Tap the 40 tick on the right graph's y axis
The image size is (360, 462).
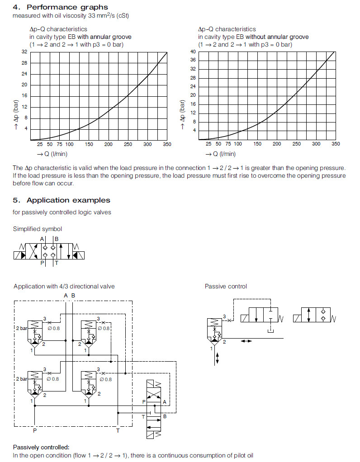(193, 52)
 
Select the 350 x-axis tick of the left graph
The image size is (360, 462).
(167, 144)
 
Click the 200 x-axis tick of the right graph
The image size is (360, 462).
(277, 144)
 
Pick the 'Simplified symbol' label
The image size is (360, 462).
(38, 229)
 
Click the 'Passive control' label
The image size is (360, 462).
(226, 286)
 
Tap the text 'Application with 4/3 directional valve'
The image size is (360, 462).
(64, 286)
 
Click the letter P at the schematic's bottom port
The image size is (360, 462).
(34, 431)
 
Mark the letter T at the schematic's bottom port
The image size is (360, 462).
(118, 431)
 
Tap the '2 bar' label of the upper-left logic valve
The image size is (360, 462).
(21, 328)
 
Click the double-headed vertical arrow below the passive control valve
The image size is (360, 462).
(218, 358)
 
